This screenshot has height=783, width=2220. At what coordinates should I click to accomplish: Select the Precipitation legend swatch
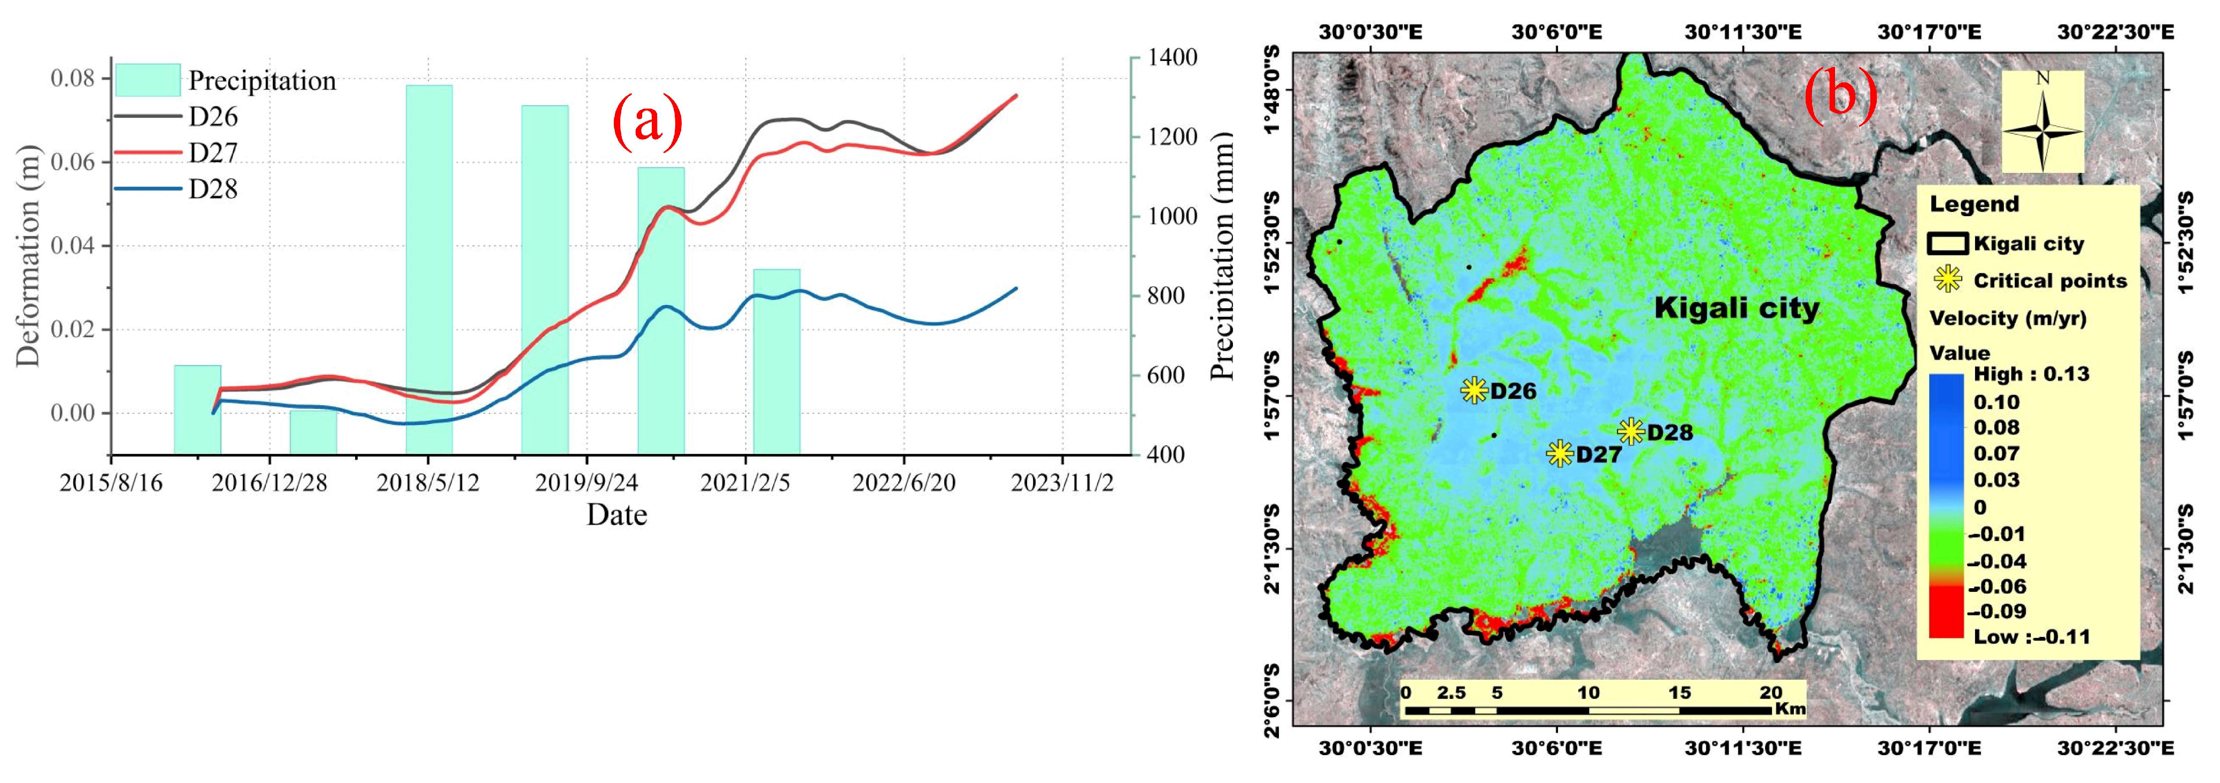(x=148, y=80)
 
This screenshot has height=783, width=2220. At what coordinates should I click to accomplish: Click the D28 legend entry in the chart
(x=212, y=189)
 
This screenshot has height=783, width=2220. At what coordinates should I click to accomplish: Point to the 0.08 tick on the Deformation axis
(x=72, y=79)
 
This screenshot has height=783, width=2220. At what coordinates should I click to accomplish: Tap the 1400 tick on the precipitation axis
(x=1173, y=58)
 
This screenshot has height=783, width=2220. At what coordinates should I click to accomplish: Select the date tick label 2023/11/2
(x=1062, y=483)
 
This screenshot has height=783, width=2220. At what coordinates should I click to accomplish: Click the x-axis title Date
(x=616, y=515)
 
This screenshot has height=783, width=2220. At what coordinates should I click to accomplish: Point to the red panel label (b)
(x=1841, y=93)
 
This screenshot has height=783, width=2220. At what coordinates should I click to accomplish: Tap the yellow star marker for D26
(x=1475, y=391)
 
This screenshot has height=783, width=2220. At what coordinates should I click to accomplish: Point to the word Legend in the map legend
(x=1974, y=204)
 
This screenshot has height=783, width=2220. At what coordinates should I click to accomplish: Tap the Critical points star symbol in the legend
(x=1948, y=279)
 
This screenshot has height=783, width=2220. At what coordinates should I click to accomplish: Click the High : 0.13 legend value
(x=2030, y=374)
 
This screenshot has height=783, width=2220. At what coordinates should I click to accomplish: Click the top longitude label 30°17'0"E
(x=1929, y=33)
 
